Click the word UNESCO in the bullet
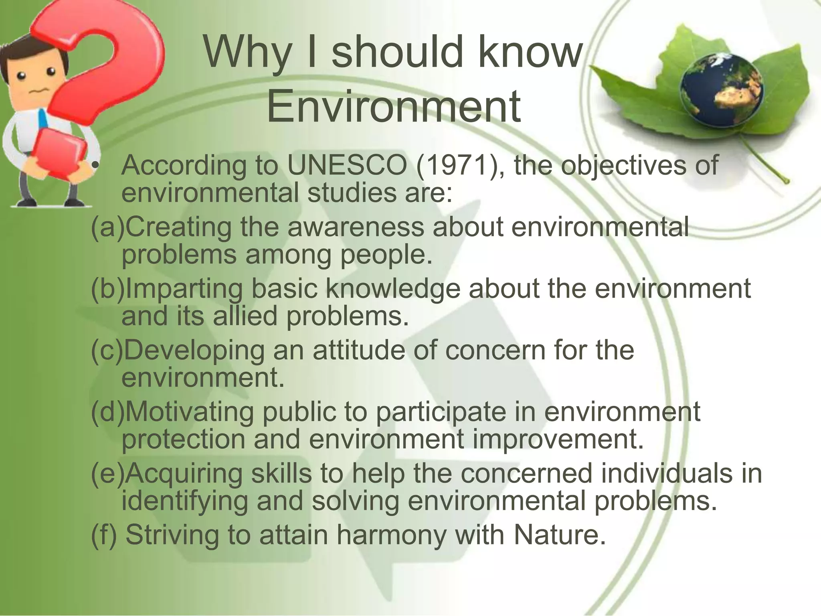(347, 165)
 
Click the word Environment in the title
(393, 106)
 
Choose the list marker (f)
(104, 535)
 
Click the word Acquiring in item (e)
(184, 473)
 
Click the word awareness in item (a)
(356, 227)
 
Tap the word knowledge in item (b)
(392, 289)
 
